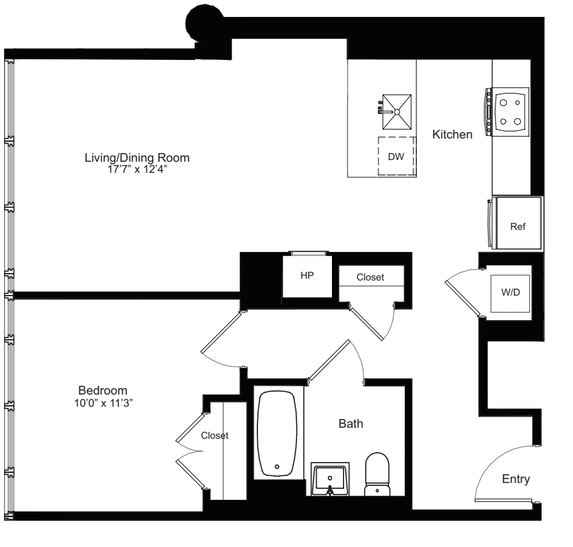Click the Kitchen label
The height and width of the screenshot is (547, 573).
point(452,134)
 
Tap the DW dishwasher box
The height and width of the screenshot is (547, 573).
point(396,157)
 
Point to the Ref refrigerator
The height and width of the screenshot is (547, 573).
point(518,227)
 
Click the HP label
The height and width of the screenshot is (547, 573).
point(306,276)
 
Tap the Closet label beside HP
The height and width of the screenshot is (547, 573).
point(370,278)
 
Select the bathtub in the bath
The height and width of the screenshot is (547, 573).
point(277,434)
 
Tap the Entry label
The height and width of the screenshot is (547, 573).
point(516,479)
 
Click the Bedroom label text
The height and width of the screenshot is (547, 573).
point(102,390)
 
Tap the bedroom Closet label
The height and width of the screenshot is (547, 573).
point(214,435)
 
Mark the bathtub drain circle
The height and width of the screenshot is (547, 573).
point(277,466)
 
